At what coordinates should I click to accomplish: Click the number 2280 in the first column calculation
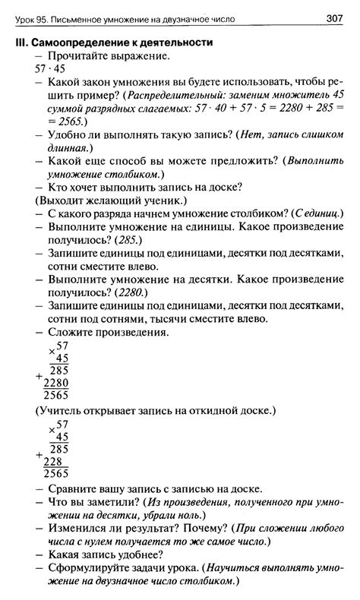coord(55,382)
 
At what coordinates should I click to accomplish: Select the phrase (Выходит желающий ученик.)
coord(109,201)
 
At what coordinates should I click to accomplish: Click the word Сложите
coord(71,332)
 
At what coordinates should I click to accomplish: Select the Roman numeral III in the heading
coord(22,43)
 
